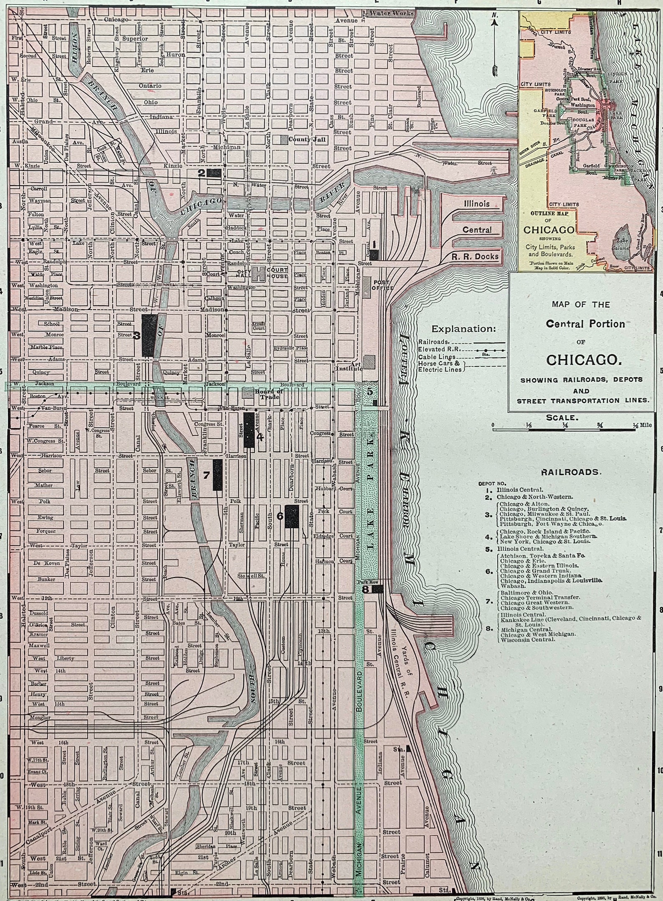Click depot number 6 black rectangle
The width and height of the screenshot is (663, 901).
coord(291,516)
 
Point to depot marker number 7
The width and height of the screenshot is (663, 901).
coord(217,475)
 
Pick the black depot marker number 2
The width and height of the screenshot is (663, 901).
coord(215,173)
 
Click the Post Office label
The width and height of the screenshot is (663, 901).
coord(383,285)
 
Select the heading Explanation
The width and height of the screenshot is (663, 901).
coord(463,328)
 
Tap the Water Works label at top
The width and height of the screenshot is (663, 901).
coord(390,13)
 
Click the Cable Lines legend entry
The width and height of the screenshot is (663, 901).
coord(437,357)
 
